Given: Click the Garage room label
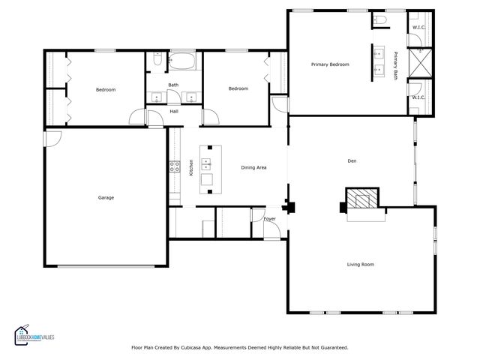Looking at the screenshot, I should click(x=106, y=197).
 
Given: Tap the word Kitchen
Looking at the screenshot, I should click(x=192, y=168).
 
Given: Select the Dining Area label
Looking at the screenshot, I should click(x=253, y=168).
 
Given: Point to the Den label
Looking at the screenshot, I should click(x=352, y=160).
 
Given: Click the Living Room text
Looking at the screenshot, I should click(x=360, y=264).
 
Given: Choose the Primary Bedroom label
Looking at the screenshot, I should click(x=330, y=64).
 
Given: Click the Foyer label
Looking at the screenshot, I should click(x=270, y=218).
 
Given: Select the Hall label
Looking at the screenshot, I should click(x=173, y=111).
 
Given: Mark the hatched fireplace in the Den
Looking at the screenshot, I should click(x=362, y=199).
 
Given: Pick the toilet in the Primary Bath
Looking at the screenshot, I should click(x=380, y=21).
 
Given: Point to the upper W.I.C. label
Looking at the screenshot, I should click(x=418, y=28).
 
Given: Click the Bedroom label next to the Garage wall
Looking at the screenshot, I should click(x=106, y=90).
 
